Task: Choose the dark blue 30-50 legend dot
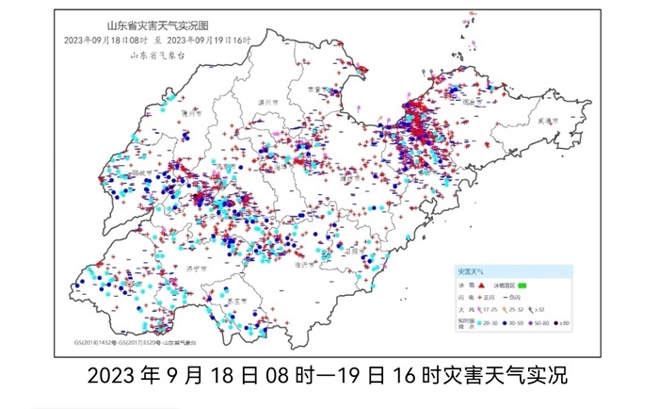506,323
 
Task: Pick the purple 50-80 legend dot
532,323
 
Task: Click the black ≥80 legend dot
557,323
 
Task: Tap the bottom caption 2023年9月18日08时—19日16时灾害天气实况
329,375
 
